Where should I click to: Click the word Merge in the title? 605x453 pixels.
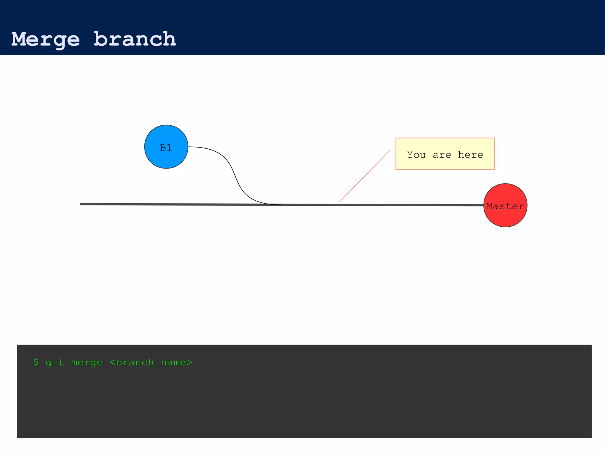(x=45, y=39)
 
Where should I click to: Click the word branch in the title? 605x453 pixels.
(x=135, y=39)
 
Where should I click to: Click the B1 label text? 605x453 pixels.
(x=166, y=148)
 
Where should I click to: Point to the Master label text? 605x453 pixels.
(x=505, y=206)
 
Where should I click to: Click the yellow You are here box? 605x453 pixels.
(x=445, y=164)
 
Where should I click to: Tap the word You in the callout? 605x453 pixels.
(x=416, y=155)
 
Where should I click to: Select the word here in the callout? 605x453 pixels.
(x=470, y=155)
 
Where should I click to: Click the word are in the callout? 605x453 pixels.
(x=442, y=155)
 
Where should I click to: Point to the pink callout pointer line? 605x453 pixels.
(x=365, y=176)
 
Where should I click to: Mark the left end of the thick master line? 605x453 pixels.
(x=81, y=204)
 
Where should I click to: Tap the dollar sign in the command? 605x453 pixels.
(x=36, y=362)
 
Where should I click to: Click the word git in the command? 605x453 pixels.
(x=55, y=362)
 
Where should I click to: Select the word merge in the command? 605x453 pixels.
(x=87, y=362)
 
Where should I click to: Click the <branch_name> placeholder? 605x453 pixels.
(x=151, y=362)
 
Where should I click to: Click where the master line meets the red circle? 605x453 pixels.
(x=484, y=205)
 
